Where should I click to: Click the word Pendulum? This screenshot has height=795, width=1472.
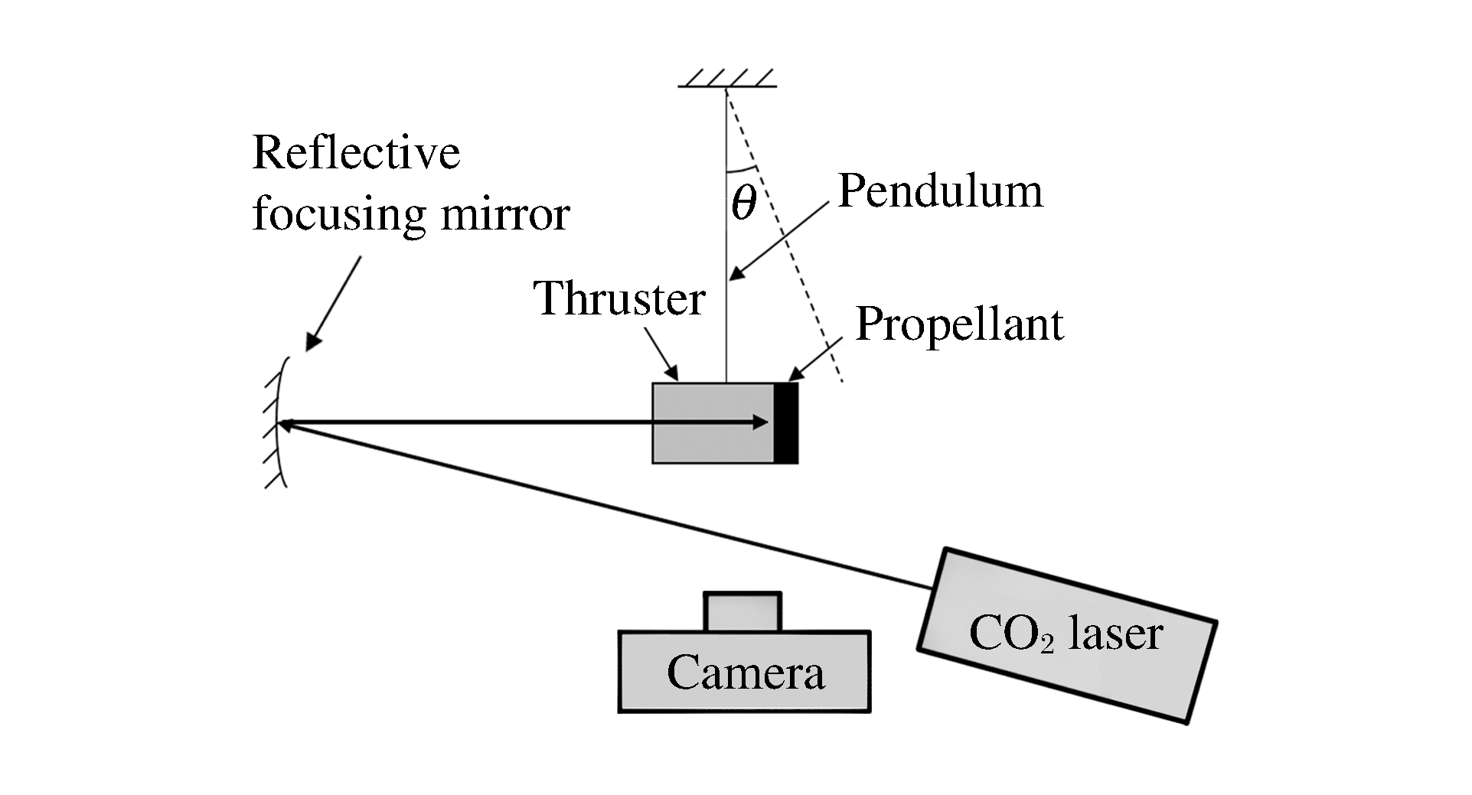pos(940,191)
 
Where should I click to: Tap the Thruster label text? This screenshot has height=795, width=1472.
pos(619,298)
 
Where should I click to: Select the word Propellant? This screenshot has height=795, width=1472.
pos(959,324)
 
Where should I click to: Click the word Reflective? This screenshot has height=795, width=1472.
pos(356,153)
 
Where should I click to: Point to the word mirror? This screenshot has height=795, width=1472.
pos(505,214)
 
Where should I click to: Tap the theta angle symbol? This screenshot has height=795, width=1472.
pos(743,203)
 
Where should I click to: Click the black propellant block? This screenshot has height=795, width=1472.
pos(786,423)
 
